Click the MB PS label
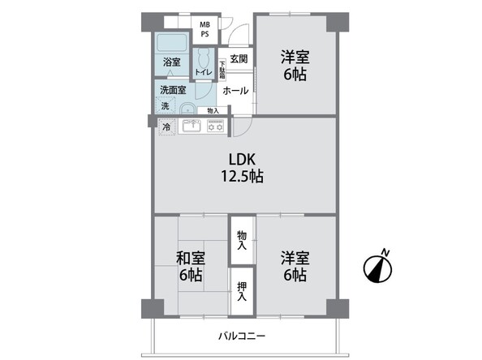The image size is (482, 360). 205,29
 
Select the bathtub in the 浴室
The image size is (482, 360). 172,43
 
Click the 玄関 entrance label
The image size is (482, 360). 239,58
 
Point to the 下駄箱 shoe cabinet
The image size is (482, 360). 222,70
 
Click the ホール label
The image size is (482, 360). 235,91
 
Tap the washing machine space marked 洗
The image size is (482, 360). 166,105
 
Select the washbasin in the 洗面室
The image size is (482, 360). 187,109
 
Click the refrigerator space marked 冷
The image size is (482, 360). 166,126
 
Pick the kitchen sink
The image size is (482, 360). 192,126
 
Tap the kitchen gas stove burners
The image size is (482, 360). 215,126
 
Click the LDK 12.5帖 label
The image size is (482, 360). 243,168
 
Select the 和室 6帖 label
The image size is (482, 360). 191,266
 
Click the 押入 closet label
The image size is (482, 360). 242,292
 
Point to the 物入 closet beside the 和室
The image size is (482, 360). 242,240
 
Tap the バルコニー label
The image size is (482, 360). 242,336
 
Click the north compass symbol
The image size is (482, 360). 378,269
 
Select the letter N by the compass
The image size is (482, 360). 385,252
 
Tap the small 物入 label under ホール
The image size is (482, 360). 213,110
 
